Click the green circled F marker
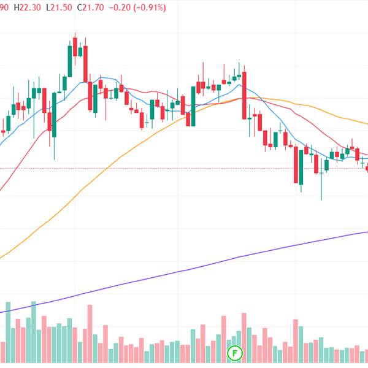click(x=235, y=353)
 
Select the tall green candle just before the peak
click(x=69, y=61)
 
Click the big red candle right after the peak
click(x=90, y=92)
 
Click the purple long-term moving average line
click(x=184, y=270)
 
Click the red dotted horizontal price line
click(x=184, y=168)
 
